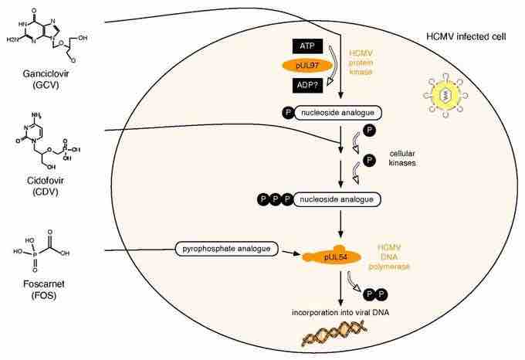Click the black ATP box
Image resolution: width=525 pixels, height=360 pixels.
307,47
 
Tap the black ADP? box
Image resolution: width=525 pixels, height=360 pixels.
307,85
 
